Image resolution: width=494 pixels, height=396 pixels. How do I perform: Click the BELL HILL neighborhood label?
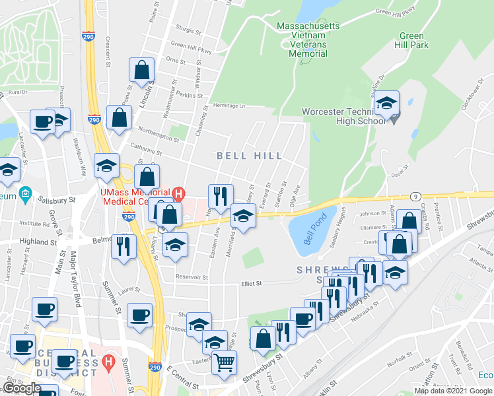pos(250,156)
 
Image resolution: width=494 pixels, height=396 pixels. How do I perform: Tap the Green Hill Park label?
pos(414,40)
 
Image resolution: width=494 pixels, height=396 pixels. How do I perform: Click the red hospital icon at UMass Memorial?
pos(178,193)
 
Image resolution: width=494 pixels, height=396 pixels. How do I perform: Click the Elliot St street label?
pos(250,283)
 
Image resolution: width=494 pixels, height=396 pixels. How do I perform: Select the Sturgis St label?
pos(188,29)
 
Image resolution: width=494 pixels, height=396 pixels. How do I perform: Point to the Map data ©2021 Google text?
pos(452,391)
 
